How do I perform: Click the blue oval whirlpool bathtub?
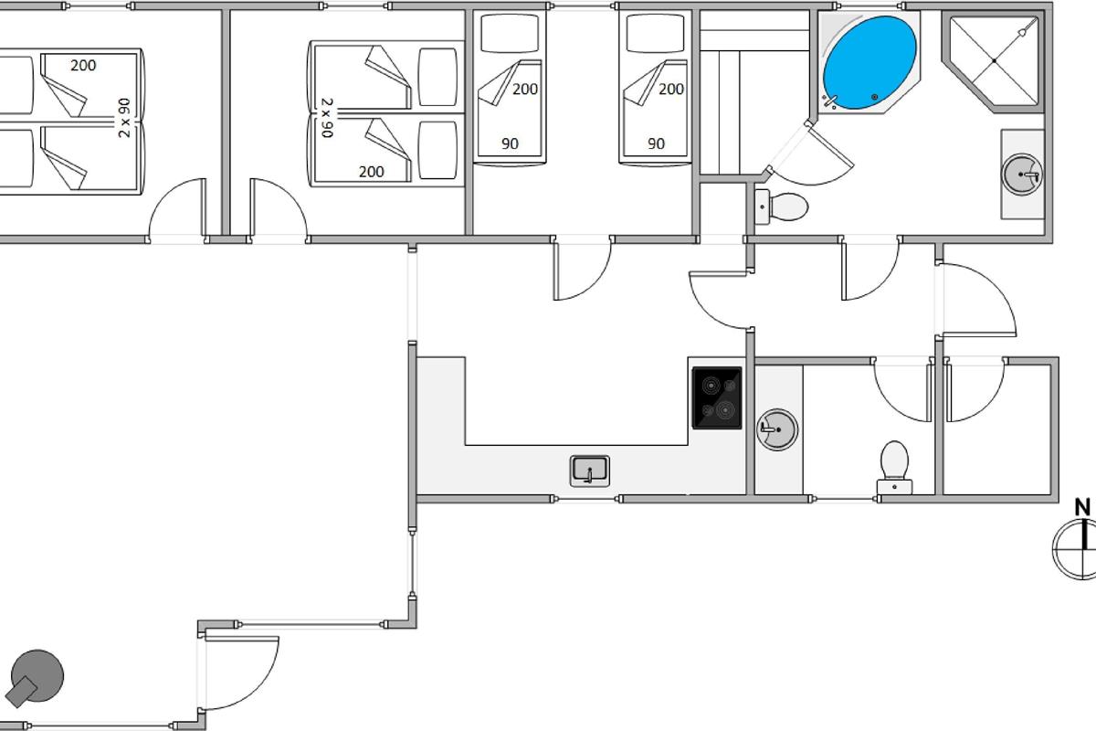click(869, 61)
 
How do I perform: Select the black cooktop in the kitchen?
click(717, 397)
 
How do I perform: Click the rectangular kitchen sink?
click(590, 471)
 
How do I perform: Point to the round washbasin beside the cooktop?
click(776, 428)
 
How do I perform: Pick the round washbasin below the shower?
click(1021, 174)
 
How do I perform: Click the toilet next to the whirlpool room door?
click(784, 207)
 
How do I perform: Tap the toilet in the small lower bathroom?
click(893, 463)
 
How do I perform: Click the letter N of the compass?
click(1082, 507)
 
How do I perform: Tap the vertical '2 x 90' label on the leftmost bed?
click(125, 117)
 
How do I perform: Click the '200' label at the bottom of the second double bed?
click(372, 171)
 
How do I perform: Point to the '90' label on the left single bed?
click(510, 143)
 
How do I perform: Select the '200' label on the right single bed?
click(671, 89)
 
